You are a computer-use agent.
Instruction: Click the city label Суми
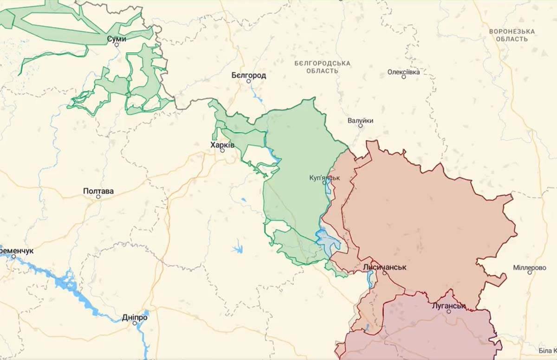tap(117, 39)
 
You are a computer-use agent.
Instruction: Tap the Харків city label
tap(223, 145)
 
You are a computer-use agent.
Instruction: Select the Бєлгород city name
tap(249, 75)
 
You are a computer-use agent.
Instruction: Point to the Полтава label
tap(98, 191)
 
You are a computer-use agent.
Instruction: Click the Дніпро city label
tap(135, 317)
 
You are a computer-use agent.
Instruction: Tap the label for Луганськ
tap(448, 305)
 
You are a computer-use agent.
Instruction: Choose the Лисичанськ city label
tap(385, 267)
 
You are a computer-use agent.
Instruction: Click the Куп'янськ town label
tap(325, 177)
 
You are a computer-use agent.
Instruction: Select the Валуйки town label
tap(360, 121)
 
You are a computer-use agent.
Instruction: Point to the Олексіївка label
tap(404, 72)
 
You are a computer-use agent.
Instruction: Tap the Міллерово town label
tap(530, 268)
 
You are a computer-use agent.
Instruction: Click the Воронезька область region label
tap(512, 35)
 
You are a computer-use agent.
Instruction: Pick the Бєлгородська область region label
tap(322, 67)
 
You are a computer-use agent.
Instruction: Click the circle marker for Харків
tap(222, 150)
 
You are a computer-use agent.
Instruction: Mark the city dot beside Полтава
tap(98, 197)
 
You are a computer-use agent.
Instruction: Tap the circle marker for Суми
tap(117, 45)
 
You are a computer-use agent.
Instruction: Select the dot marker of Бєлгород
tap(248, 81)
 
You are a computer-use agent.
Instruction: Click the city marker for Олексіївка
tap(404, 77)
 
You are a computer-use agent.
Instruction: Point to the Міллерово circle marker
tap(530, 273)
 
